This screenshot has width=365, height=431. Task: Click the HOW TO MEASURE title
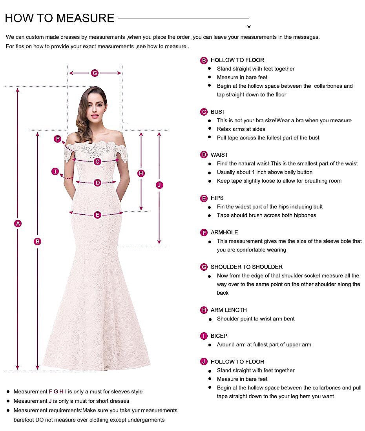(x=60, y=18)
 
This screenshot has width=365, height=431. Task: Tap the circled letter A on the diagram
(x=17, y=223)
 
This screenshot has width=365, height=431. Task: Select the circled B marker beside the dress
(x=38, y=241)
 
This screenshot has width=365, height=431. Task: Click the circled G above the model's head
(x=95, y=73)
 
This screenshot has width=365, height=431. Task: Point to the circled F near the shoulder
(x=58, y=139)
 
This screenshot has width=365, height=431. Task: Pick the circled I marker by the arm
(x=55, y=171)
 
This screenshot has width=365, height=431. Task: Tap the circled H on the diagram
(x=142, y=173)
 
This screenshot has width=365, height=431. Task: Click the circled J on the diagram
(x=159, y=185)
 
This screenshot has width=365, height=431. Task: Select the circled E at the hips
(x=97, y=214)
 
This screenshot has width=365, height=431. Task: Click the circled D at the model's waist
(x=97, y=183)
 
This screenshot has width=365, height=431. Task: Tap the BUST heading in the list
(x=218, y=112)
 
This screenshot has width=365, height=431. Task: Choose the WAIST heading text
(x=219, y=155)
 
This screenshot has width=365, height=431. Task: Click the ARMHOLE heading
(x=224, y=232)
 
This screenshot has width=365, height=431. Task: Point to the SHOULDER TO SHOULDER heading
(x=246, y=267)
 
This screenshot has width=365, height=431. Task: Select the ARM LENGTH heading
(x=229, y=310)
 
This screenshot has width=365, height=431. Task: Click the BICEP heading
(x=219, y=336)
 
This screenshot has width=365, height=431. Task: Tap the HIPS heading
(x=217, y=198)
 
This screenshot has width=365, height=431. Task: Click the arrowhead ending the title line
(x=249, y=26)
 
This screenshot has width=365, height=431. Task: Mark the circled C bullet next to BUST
(x=204, y=112)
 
